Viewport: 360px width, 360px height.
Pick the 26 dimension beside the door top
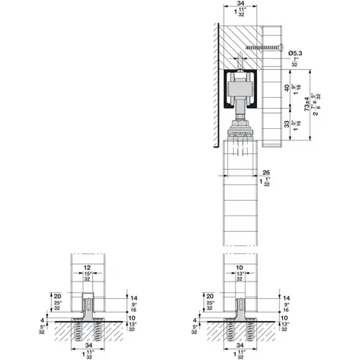click(266, 172)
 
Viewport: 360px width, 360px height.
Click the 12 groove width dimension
click(87, 267)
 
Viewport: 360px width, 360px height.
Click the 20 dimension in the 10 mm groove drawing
click(210, 296)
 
